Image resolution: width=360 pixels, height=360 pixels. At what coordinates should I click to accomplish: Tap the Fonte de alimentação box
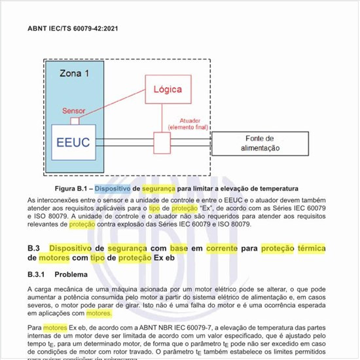(x=262, y=143)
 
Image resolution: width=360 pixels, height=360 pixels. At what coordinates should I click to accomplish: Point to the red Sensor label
(x=73, y=111)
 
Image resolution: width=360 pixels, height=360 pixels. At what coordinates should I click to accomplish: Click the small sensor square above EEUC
(x=75, y=120)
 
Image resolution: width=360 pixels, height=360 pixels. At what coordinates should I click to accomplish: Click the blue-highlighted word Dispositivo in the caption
(x=113, y=188)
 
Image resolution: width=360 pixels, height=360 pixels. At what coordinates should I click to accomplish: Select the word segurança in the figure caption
(x=158, y=188)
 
